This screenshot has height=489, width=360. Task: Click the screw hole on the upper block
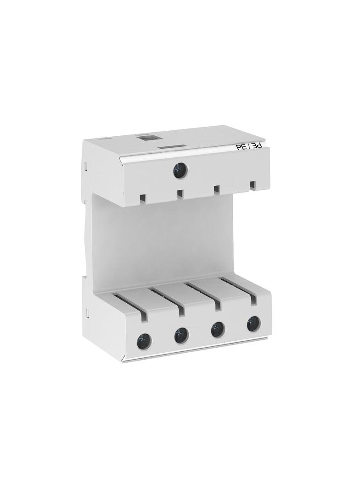point(180,171)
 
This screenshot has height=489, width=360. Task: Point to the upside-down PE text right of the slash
point(256,146)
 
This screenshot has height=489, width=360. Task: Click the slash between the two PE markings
point(248,147)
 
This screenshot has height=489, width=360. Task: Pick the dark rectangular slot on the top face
point(173,147)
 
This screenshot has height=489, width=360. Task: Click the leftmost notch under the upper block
point(143,198)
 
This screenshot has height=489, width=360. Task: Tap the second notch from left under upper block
point(180,194)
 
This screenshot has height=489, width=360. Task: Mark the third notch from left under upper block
point(216,189)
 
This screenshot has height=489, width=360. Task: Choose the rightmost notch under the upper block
point(252,185)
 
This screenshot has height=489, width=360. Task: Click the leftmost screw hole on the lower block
point(144,341)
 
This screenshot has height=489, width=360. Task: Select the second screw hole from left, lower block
point(181,335)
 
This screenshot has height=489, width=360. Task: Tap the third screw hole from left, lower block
point(218,329)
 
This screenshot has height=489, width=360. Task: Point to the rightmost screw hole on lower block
point(253,323)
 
